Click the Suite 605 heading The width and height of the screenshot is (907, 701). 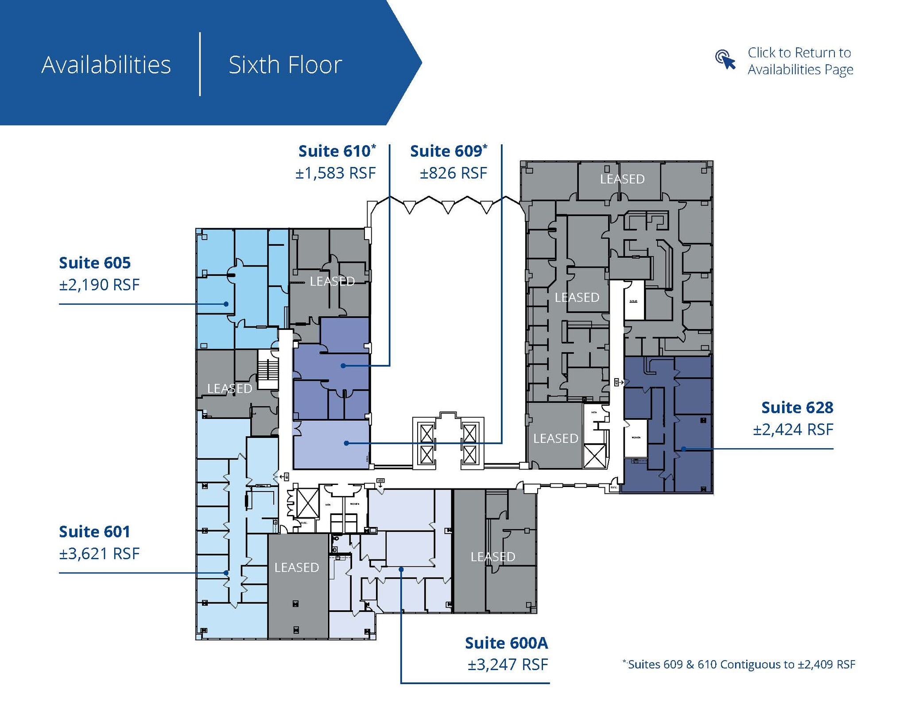[95, 263]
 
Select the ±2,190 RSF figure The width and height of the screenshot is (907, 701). [99, 285]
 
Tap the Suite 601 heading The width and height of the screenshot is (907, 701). [95, 532]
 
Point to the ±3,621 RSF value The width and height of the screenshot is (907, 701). [99, 554]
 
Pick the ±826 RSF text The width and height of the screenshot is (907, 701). [453, 173]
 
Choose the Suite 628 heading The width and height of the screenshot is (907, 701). [797, 408]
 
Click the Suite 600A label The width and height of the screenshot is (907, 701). [506, 643]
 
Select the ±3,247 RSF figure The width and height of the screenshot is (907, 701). [508, 665]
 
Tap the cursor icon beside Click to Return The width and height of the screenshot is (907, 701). [725, 60]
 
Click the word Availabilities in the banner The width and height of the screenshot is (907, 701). [106, 65]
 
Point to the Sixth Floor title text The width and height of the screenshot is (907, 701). [285, 65]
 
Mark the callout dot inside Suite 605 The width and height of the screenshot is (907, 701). [226, 304]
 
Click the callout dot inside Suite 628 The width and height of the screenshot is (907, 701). [683, 449]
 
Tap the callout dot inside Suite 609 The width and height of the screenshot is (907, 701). [346, 443]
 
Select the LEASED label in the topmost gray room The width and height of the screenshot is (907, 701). [622, 179]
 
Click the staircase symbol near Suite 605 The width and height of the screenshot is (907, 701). [267, 370]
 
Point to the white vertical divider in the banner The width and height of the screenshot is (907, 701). [200, 64]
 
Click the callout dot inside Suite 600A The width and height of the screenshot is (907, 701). [401, 569]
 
